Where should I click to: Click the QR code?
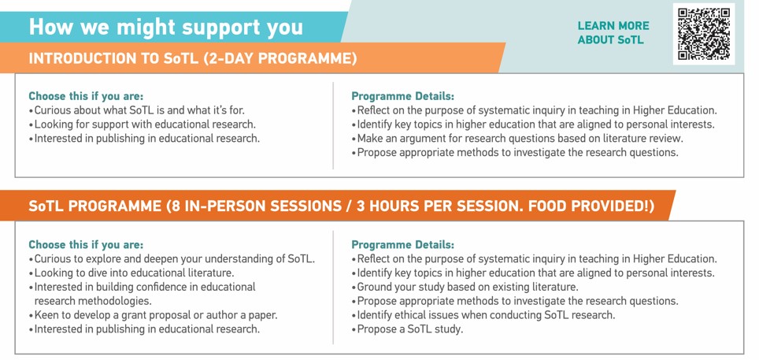(x=704, y=34)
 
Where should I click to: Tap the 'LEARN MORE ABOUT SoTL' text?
(x=613, y=33)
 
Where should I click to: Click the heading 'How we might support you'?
(x=166, y=27)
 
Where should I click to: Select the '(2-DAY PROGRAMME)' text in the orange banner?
(x=280, y=58)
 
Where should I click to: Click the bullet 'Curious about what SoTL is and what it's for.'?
(x=137, y=110)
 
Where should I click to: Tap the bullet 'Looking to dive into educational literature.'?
(x=131, y=273)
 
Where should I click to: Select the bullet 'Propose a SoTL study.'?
(x=408, y=329)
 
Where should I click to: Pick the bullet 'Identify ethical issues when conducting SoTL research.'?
(x=483, y=315)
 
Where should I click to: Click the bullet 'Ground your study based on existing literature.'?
(x=465, y=287)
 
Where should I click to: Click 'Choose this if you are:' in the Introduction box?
(x=86, y=96)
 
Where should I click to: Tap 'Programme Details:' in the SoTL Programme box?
(x=403, y=244)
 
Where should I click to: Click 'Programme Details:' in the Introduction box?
(x=403, y=96)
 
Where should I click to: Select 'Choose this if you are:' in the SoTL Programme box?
(x=86, y=244)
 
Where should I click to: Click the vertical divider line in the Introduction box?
(x=333, y=125)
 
